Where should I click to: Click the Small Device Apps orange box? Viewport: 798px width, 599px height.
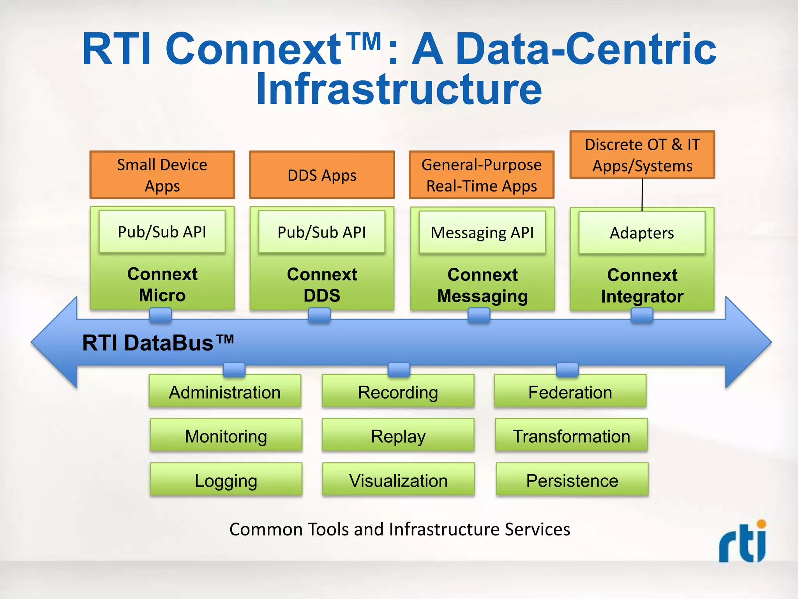[x=162, y=175]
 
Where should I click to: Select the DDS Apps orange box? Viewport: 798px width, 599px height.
[x=322, y=175]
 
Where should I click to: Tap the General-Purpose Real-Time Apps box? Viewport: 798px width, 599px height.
[x=482, y=175]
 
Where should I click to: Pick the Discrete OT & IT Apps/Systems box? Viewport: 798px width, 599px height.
[x=642, y=155]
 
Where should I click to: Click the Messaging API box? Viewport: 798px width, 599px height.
[x=482, y=232]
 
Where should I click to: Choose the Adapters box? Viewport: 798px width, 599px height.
[x=642, y=233]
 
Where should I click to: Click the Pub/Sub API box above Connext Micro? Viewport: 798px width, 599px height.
[x=162, y=232]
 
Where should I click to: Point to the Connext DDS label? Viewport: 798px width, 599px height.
[x=322, y=285]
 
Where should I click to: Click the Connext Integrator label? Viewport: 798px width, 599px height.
[x=642, y=285]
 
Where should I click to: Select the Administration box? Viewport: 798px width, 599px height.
[x=225, y=392]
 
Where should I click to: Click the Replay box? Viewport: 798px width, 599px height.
[x=398, y=436]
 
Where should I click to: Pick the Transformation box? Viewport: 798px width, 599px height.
[x=571, y=436]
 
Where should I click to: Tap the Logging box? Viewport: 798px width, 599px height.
[x=226, y=480]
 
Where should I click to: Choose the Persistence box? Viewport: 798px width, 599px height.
[x=572, y=480]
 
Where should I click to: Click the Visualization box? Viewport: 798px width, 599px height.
[x=398, y=480]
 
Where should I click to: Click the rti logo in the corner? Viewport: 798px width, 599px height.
[x=743, y=542]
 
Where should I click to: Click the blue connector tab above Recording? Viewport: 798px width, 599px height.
[x=399, y=369]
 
